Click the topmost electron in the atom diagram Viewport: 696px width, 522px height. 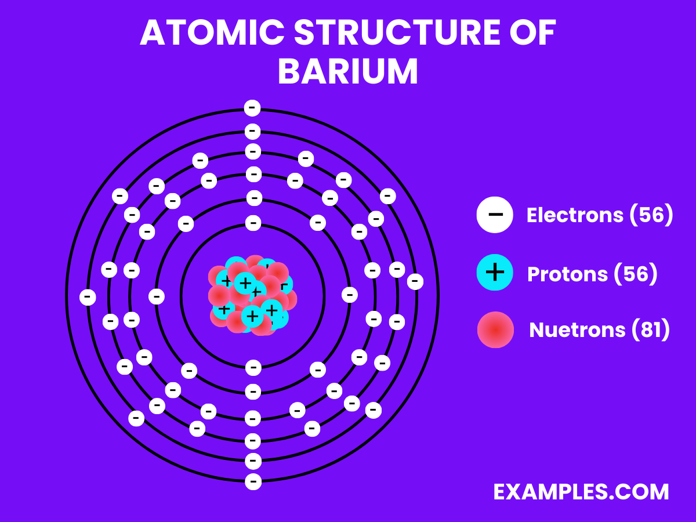tap(252, 108)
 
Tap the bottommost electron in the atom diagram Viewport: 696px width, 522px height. tap(252, 481)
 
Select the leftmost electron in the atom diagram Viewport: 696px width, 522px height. tap(88, 297)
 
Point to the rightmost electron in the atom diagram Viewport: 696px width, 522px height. tap(415, 281)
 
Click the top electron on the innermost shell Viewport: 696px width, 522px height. tap(253, 223)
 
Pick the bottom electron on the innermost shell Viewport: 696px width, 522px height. tap(253, 367)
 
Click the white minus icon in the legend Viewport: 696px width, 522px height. tap(495, 215)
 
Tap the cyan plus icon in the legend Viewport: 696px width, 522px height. tap(495, 272)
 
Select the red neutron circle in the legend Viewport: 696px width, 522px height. tap(495, 330)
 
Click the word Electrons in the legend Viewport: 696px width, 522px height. tap(574, 215)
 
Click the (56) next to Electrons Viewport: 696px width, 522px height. tap(651, 215)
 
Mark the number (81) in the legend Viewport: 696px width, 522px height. tap(650, 330)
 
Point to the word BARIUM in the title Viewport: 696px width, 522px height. tap(348, 72)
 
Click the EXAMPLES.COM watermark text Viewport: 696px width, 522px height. tap(581, 492)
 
